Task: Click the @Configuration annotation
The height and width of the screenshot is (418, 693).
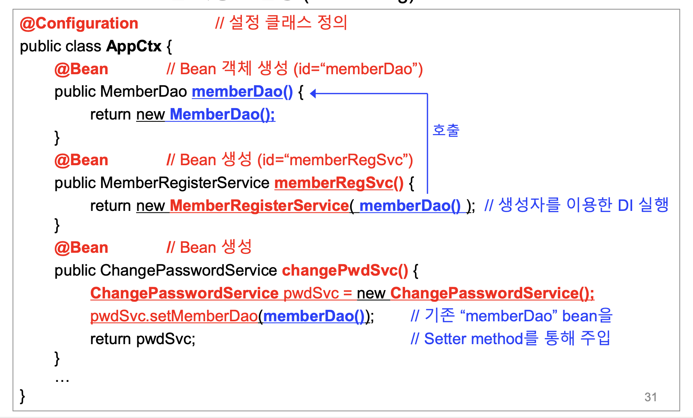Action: point(79,24)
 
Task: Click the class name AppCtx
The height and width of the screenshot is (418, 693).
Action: point(134,46)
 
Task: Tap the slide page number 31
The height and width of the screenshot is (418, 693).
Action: point(650,397)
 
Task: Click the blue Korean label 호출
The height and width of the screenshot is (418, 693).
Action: point(446,130)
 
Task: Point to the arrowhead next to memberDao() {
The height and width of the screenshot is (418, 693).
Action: point(313,93)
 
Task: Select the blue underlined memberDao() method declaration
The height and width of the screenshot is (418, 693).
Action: point(242,92)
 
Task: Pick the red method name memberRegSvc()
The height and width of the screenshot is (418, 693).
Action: point(339,183)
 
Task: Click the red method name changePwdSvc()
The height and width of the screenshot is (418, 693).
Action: point(345,271)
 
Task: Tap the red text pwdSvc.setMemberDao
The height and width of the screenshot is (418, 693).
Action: point(174,316)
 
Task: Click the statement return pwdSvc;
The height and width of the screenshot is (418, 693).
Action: point(143,339)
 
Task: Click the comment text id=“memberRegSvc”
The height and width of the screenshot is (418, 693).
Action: point(335,160)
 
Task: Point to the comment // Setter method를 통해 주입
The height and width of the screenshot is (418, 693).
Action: point(510,338)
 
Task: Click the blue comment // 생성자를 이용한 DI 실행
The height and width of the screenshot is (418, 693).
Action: point(576,206)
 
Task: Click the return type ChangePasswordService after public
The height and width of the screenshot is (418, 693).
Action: point(188,271)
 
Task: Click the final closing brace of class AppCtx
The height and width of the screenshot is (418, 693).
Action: point(22,396)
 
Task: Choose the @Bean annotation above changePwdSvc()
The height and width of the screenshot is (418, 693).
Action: point(81,248)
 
